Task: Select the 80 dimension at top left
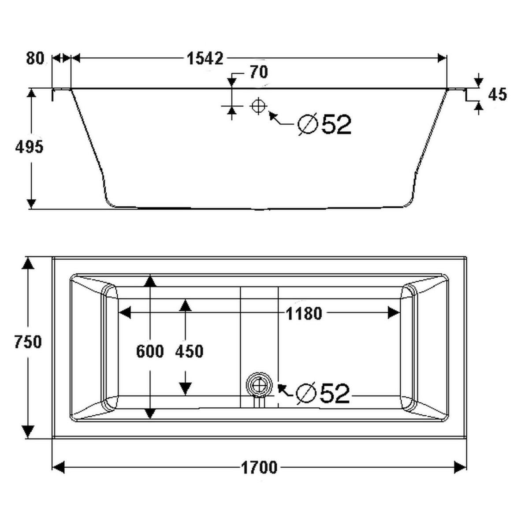point(35,58)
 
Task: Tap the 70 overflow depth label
point(258,72)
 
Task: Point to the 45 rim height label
point(498,94)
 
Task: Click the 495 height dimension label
point(30,147)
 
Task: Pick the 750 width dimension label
point(28,342)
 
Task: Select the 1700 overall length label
point(260,467)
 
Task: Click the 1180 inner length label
point(304,314)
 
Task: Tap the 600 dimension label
point(150,352)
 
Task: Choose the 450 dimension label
point(189,352)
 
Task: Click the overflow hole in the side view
point(258,106)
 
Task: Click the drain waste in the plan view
point(259,384)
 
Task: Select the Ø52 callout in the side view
point(325,125)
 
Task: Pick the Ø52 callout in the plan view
point(323,393)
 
